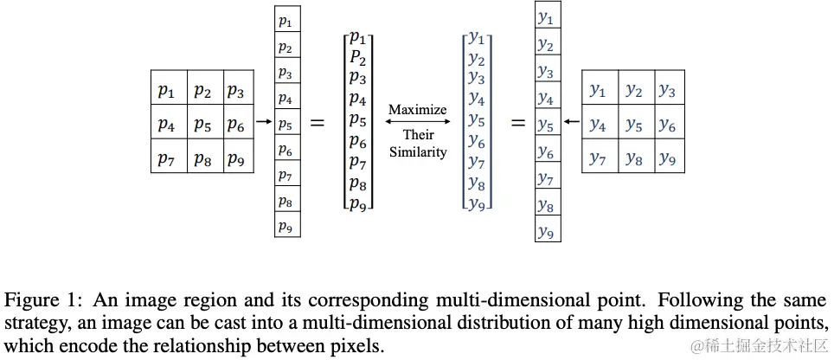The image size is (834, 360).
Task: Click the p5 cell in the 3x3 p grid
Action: coord(202,124)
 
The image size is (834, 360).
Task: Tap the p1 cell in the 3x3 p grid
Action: coord(167,90)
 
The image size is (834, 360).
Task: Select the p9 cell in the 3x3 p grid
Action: coord(236,157)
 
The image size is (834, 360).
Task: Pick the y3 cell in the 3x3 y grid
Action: coord(667,90)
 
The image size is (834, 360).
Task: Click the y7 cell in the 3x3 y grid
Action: coord(598,157)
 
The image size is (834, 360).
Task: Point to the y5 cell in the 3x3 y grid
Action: coord(633,124)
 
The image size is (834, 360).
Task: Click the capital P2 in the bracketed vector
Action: coord(357,57)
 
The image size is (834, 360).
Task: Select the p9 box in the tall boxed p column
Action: coord(285,227)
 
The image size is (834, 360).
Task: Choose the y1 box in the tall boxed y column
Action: coord(546,16)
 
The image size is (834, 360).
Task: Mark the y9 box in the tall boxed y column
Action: coord(546,231)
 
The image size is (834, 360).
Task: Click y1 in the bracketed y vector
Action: coord(476,37)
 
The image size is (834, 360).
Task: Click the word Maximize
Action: coord(418,110)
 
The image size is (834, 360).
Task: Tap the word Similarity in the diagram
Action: coord(418,152)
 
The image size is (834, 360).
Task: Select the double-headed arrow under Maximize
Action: coord(418,122)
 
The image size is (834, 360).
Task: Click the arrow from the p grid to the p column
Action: coord(264,122)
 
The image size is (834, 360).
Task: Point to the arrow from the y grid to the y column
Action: coord(570,122)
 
